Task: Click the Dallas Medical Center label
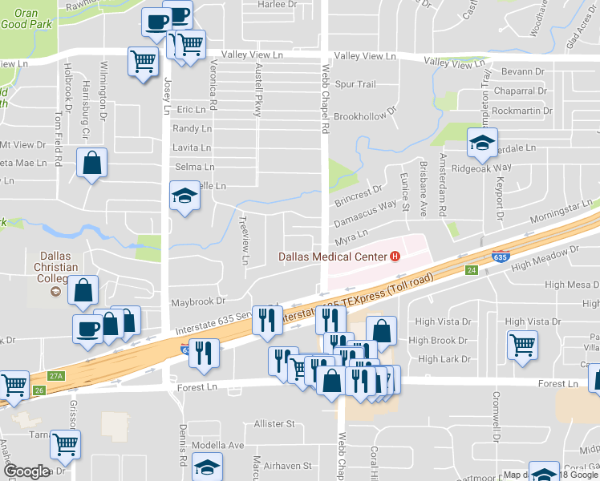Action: pos(332,257)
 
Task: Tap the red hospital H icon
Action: pos(394,257)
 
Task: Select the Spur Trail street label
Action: pos(355,84)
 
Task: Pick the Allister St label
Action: pos(274,423)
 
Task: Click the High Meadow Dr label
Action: pos(544,258)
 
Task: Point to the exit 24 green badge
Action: pos(472,271)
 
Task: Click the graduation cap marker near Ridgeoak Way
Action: pos(482,143)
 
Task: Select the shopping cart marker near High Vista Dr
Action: pos(523,345)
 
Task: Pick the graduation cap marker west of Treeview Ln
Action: pos(184,196)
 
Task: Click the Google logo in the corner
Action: pos(26,471)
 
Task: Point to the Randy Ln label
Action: pos(192,128)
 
